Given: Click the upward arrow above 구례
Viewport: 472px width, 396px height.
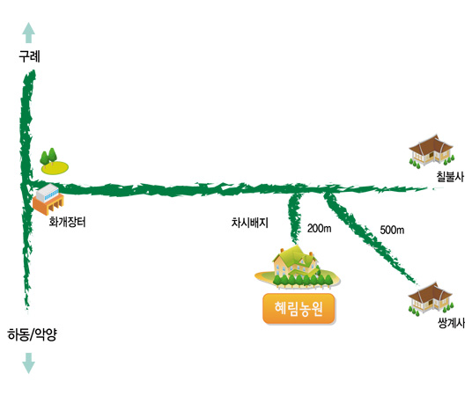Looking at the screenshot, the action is [x=29, y=33].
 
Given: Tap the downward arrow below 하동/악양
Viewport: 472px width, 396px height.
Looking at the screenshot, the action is [x=29, y=363].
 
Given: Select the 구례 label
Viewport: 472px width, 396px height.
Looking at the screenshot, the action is [x=30, y=56].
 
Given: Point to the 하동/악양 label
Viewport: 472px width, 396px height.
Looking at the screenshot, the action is [x=32, y=334].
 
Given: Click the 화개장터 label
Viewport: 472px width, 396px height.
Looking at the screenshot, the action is [x=68, y=222].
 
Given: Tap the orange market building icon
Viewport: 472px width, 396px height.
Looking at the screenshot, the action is [x=48, y=199].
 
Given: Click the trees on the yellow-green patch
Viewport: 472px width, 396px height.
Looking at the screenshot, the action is [x=48, y=157].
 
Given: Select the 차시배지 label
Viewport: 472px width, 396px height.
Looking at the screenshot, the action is [x=249, y=223].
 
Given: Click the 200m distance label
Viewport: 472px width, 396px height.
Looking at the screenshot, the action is [x=319, y=229].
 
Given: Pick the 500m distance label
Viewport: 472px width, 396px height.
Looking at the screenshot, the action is [x=392, y=230].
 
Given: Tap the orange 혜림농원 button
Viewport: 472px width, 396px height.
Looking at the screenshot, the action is [x=299, y=309].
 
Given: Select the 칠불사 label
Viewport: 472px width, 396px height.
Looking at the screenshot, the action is [x=450, y=176].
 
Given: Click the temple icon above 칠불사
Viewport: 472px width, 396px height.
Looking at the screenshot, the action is [x=431, y=151].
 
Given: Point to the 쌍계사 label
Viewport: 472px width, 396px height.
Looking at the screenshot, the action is [x=451, y=323].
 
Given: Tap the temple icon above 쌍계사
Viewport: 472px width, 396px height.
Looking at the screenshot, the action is [x=431, y=299].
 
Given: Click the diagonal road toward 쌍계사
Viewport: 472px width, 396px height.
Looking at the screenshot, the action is [x=369, y=238].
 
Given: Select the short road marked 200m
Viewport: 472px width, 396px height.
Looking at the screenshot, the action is [x=294, y=218].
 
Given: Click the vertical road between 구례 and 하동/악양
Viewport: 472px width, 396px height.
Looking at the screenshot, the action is [x=27, y=189].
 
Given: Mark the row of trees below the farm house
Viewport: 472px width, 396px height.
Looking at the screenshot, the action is [x=304, y=281].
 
